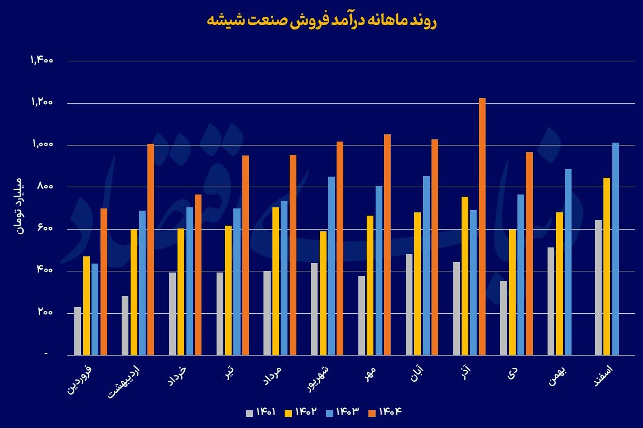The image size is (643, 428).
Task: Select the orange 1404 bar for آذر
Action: click(482, 226)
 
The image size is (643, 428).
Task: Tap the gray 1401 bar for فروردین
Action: click(78, 330)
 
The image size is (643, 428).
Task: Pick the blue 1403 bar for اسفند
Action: click(616, 249)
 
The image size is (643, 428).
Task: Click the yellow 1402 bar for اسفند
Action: click(607, 266)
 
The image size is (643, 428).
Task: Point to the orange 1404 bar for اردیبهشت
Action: click(151, 249)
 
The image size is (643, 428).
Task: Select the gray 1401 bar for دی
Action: click(503, 318)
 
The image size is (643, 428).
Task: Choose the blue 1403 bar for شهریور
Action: click(332, 265)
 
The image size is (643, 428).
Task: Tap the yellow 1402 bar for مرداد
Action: click(275, 281)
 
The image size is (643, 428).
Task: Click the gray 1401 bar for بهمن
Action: click(551, 301)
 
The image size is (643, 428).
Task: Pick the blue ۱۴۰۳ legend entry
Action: click(343, 412)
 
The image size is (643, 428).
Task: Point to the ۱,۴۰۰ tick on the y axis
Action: click(42, 61)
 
